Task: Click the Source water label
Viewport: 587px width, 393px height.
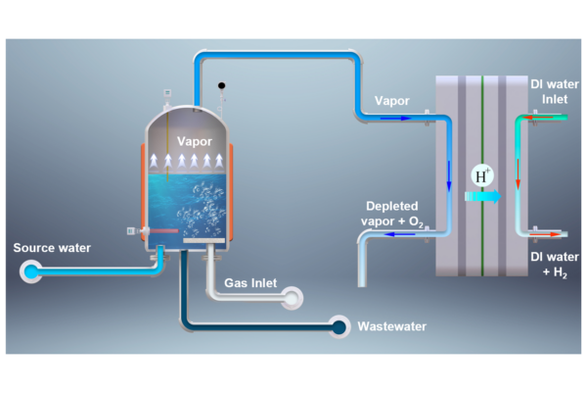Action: [52, 248]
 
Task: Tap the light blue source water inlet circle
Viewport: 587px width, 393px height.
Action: [31, 271]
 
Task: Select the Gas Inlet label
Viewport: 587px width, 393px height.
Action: [250, 283]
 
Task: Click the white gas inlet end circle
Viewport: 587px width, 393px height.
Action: [292, 298]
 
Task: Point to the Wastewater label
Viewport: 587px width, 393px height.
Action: [391, 326]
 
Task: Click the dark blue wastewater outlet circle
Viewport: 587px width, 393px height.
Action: [339, 326]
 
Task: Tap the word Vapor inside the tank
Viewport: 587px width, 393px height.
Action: [195, 141]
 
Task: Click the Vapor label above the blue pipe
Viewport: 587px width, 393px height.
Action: [392, 101]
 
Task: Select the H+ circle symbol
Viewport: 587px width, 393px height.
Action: [482, 175]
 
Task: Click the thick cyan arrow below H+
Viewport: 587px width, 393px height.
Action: [482, 196]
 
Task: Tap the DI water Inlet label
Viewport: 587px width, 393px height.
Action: [555, 92]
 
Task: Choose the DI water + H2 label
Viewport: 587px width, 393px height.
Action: [555, 265]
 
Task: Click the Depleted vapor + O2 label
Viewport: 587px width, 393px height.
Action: [391, 214]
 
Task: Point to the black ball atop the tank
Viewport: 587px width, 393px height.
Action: [222, 85]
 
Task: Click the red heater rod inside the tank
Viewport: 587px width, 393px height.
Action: [163, 230]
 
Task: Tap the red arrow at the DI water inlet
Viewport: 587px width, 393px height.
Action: [538, 118]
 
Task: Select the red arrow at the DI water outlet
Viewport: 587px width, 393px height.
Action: [545, 234]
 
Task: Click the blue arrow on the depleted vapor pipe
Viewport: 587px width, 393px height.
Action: [400, 234]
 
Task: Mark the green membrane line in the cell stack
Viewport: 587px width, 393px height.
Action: [482, 175]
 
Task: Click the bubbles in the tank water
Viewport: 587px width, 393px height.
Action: [201, 210]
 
